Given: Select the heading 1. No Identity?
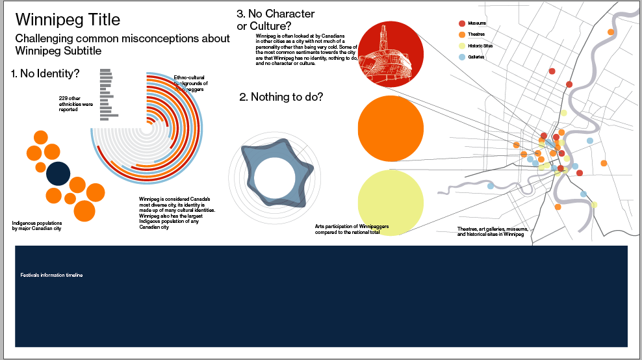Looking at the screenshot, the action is [45, 73].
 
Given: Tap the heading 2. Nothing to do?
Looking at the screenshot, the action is [281, 97].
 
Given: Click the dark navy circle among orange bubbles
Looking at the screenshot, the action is [58, 174].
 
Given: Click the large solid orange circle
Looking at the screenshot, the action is [391, 128].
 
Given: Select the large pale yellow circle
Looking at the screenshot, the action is [391, 202].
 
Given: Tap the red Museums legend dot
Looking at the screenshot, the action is [462, 23].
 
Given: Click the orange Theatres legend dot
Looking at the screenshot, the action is [462, 34].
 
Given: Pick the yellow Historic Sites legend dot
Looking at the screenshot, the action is [462, 46].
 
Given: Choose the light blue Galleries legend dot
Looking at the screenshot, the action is [462, 57].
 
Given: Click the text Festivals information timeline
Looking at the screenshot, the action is [52, 276].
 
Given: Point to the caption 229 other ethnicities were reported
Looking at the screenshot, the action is [76, 104].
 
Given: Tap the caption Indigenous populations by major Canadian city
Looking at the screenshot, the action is [37, 226].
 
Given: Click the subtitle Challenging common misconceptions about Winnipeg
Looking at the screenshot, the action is [122, 44].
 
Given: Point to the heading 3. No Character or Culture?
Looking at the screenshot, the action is [276, 19].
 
